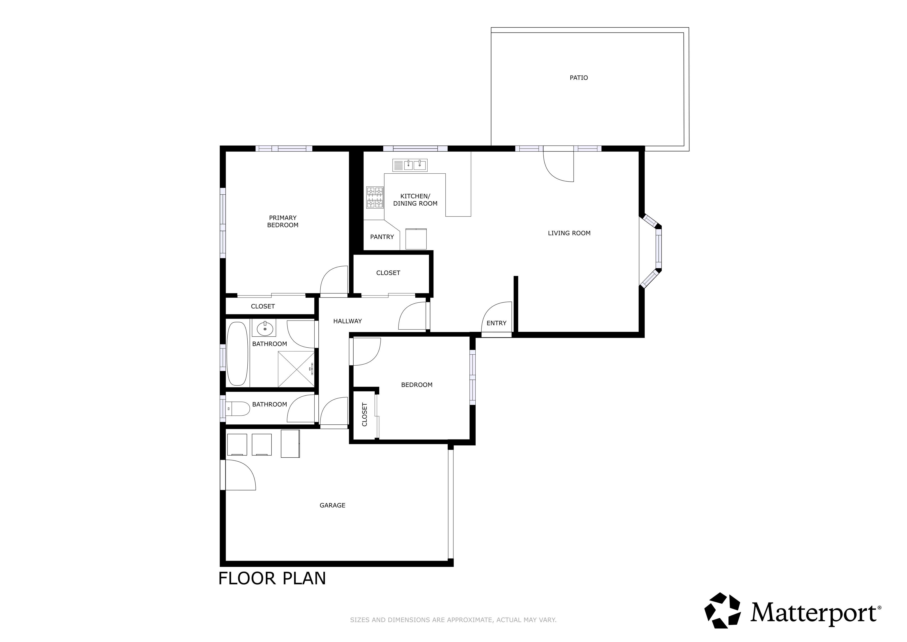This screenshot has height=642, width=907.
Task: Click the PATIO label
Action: pyautogui.click(x=578, y=78)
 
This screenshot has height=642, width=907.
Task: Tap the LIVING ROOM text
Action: pyautogui.click(x=569, y=233)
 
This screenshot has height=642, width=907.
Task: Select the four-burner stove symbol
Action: pyautogui.click(x=375, y=197)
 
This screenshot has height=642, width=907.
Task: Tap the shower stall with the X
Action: pyautogui.click(x=296, y=369)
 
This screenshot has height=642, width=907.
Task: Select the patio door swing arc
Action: pyautogui.click(x=558, y=166)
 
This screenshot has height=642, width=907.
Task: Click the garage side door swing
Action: pyautogui.click(x=240, y=475)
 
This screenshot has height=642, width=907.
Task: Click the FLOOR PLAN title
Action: pyautogui.click(x=272, y=578)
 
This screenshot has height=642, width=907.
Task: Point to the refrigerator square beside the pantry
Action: pyautogui.click(x=416, y=239)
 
